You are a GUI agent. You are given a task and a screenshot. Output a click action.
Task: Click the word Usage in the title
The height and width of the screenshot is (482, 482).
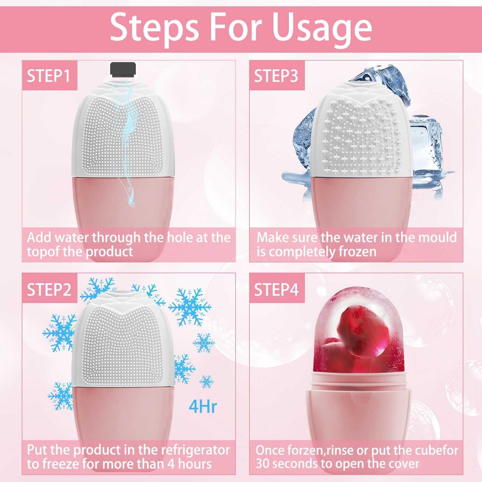coord(322,28)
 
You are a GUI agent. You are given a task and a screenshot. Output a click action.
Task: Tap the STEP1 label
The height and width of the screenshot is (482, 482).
coord(49,76)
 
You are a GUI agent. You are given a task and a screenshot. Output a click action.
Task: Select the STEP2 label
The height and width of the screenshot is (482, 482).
coord(49,289)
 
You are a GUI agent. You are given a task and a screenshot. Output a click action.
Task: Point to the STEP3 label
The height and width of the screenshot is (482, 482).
coord(276,76)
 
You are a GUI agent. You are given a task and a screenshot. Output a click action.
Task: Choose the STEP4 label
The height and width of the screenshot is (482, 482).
coord(276,289)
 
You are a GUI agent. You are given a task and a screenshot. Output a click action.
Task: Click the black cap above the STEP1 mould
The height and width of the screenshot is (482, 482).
coord(123,69)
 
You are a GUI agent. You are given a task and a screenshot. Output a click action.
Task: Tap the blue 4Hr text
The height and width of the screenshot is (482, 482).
coord(202,406)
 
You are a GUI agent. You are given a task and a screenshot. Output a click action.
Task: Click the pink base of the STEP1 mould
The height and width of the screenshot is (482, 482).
coord(123,203)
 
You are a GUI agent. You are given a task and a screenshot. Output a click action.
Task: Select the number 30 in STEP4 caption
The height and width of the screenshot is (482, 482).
coord(263,464)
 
